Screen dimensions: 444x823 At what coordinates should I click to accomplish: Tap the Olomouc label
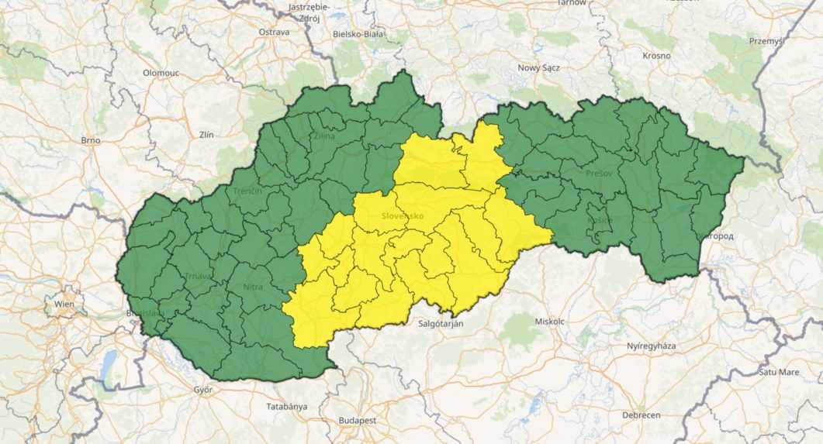pos(161,72)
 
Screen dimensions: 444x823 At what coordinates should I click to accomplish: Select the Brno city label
pos(91,140)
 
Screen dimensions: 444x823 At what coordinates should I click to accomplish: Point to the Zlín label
pos(206,134)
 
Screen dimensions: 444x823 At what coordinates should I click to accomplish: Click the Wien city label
pos(64,304)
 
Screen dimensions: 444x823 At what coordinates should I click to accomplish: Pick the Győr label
pos(203,389)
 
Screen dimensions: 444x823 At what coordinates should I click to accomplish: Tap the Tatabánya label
pos(286,406)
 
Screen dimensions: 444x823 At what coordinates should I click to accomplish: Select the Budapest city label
pos(357,419)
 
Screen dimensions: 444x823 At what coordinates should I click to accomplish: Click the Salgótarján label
pos(441,323)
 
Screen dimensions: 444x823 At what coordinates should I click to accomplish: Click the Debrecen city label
pos(641,415)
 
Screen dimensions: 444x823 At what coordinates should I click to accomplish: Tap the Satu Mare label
pos(778,372)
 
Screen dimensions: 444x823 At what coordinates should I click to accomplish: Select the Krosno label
pos(656,55)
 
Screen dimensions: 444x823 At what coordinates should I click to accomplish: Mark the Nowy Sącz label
pos(538,67)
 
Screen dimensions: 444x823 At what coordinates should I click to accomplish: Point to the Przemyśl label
pos(766,40)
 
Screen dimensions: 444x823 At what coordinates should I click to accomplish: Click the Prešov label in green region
pos(600,173)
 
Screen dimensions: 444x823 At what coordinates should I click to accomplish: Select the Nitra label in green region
pos(253,287)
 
